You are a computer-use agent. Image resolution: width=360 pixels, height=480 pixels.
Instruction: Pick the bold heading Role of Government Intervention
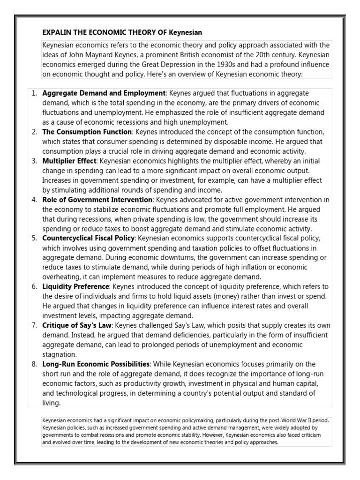click(x=97, y=200)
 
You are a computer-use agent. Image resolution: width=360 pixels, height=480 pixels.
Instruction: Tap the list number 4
click(x=34, y=200)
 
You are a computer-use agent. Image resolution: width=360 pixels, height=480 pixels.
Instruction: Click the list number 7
click(x=34, y=325)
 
